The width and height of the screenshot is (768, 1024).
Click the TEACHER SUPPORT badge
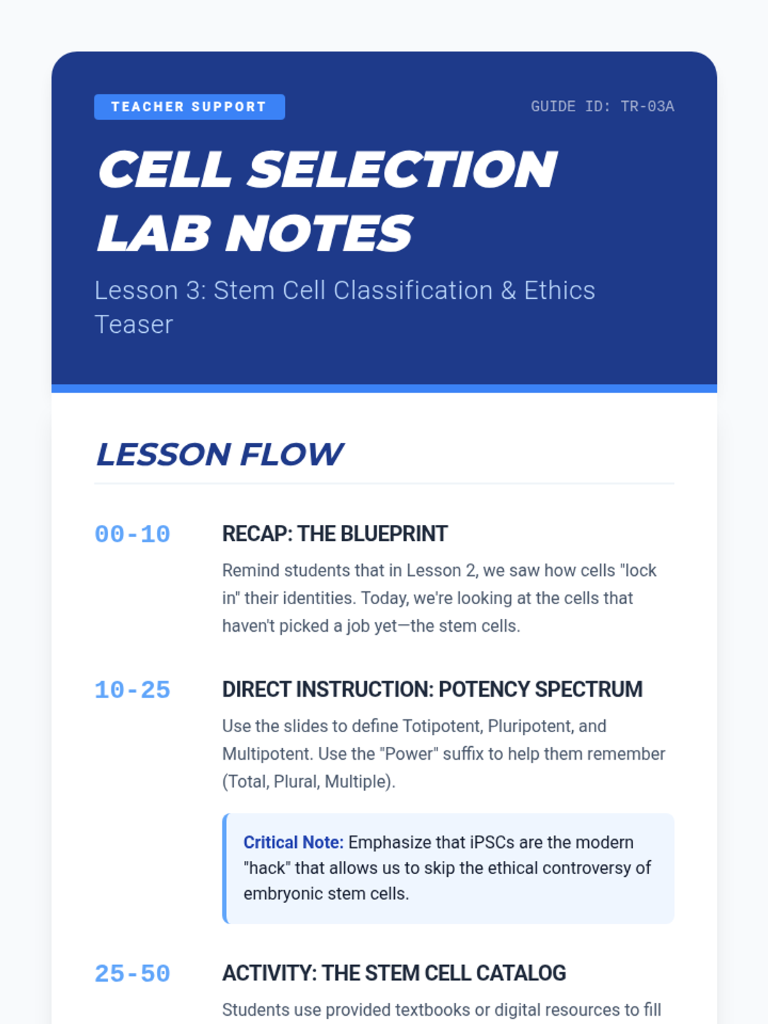(x=189, y=107)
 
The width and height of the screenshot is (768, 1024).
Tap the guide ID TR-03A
(x=602, y=107)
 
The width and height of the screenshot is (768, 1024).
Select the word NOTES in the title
(x=319, y=233)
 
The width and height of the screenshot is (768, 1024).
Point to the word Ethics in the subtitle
(x=559, y=290)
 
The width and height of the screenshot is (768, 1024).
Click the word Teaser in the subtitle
(x=134, y=324)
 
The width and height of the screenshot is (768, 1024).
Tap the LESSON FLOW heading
(x=219, y=454)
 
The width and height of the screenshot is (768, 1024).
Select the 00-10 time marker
(x=132, y=534)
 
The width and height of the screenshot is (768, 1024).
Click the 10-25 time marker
(x=132, y=691)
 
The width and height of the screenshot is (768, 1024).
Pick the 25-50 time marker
(x=132, y=974)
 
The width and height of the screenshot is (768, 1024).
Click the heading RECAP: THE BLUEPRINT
(x=335, y=534)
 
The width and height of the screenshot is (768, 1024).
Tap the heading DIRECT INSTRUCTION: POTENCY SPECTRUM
(x=432, y=689)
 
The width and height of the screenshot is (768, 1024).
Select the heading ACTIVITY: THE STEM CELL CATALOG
(x=394, y=973)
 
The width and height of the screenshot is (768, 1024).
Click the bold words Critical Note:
(x=293, y=842)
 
